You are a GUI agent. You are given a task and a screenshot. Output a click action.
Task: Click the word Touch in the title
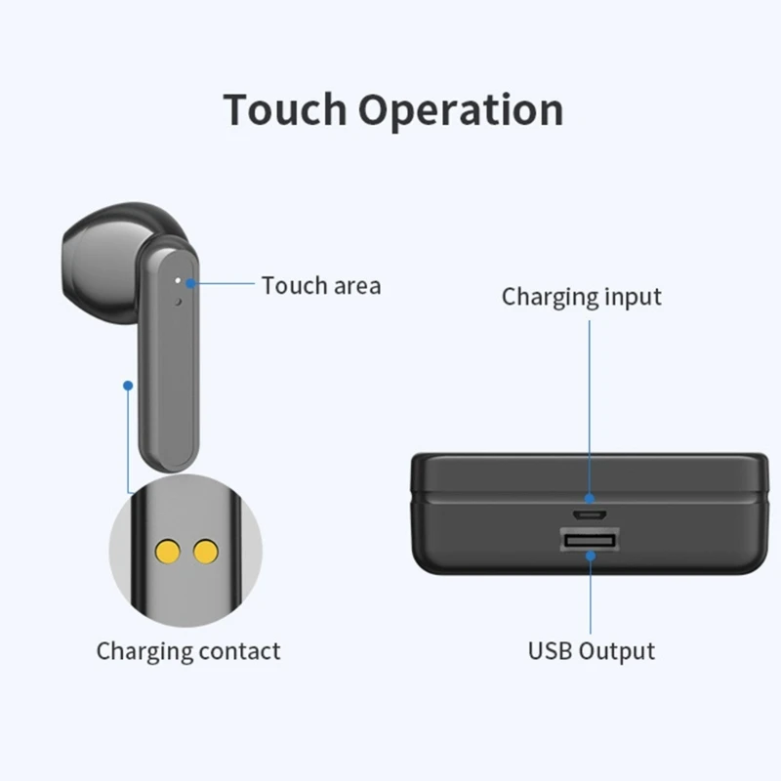coord(285,109)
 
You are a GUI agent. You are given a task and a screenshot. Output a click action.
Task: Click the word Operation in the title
coord(460,111)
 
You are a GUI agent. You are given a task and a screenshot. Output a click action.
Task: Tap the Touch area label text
coord(321,286)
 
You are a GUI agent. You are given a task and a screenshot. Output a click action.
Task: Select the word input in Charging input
coord(628,296)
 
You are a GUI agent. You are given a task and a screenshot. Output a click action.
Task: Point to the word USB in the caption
coord(551,650)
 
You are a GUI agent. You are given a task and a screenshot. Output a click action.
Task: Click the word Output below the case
coord(616,650)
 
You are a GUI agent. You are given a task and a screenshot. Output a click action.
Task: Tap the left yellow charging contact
coord(167,553)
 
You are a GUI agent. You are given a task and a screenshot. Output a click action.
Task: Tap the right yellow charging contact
coord(205,553)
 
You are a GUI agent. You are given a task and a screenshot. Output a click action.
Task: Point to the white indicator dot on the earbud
coord(177,280)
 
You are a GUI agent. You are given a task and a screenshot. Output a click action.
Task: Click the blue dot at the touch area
coord(192,284)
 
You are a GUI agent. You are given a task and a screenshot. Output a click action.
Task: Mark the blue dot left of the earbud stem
coord(127,386)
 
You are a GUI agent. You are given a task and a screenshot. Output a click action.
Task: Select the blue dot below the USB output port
coord(590,557)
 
